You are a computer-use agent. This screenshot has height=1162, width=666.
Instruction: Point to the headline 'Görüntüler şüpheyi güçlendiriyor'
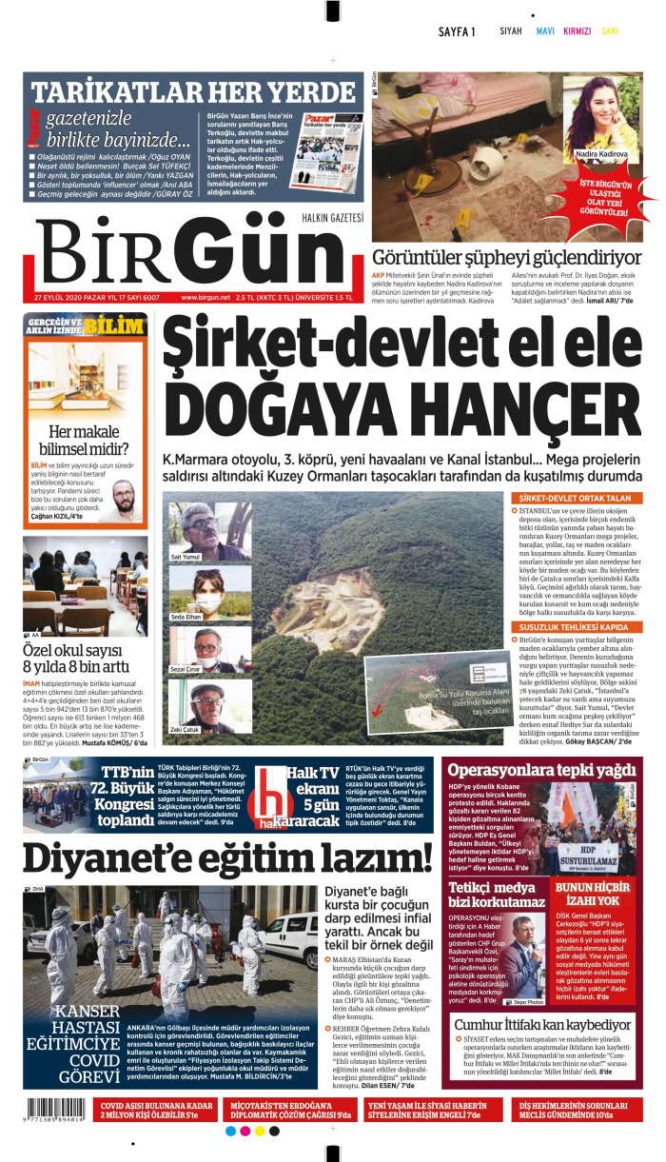coord(506,257)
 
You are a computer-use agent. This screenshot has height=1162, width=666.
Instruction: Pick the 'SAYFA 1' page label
coord(457,31)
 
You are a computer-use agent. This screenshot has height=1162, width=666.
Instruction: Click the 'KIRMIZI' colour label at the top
coord(578,31)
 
